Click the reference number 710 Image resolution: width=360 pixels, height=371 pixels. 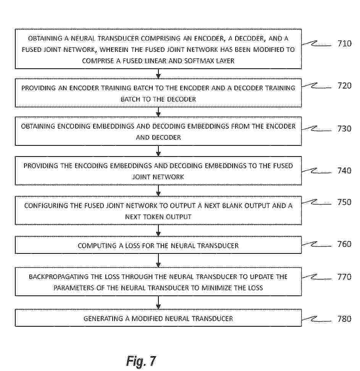click(344, 44)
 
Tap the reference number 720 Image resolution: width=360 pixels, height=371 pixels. click(344, 85)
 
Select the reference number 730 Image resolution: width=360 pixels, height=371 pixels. click(344, 129)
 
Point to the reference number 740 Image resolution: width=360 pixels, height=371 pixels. click(344, 171)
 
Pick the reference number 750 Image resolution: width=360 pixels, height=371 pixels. click(344, 202)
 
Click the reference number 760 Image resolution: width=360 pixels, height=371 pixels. click(344, 244)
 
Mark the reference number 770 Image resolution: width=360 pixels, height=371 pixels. click(344, 277)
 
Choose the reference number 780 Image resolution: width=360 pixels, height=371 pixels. click(344, 318)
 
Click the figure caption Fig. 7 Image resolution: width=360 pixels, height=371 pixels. click(141, 360)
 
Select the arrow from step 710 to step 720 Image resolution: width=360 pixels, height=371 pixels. click(158, 74)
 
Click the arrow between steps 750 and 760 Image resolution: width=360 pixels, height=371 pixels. click(158, 231)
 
